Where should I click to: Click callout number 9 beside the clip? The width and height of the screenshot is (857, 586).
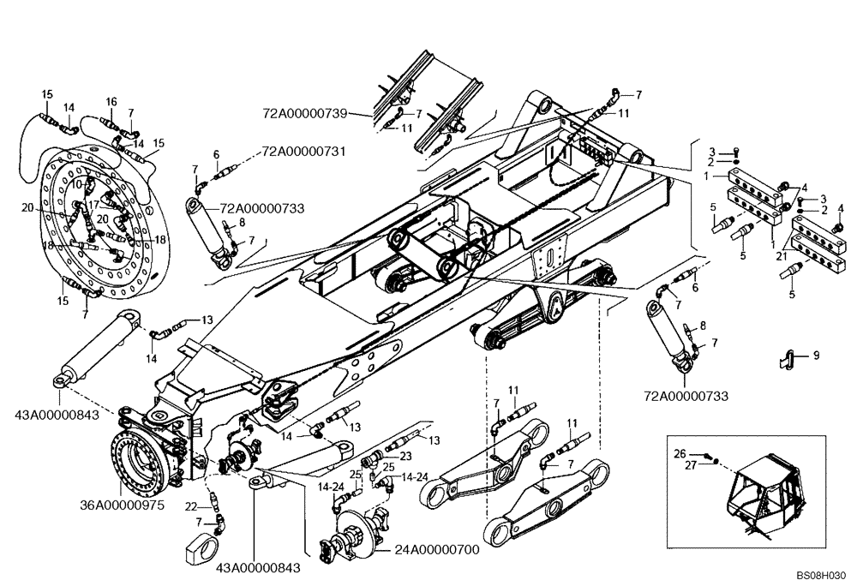pos(816,354)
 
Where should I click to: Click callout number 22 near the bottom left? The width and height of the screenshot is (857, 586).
pos(190,505)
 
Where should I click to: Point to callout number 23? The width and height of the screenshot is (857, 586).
pos(406,457)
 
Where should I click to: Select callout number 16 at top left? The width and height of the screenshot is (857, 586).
pos(111,101)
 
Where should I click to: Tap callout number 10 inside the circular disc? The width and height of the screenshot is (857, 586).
pos(76,183)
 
